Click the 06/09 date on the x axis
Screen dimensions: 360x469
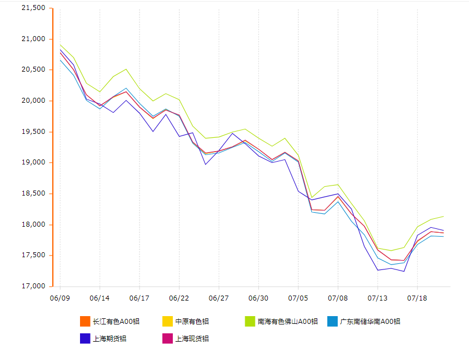click(60, 298)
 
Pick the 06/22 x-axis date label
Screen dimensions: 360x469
click(179, 298)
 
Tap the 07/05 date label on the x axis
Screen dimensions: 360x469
click(298, 298)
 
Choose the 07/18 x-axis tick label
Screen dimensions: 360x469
click(417, 298)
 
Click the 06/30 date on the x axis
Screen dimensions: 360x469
click(258, 298)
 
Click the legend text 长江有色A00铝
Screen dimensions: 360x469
click(116, 321)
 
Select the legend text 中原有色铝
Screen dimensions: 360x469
click(192, 321)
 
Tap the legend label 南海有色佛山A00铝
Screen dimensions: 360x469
click(287, 321)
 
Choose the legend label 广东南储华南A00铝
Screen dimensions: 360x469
click(370, 321)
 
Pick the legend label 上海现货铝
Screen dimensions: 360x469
click(192, 338)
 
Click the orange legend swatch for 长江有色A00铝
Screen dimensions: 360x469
click(85, 321)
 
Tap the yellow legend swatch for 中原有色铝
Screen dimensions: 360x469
click(167, 321)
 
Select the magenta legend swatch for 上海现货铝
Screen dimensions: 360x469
click(167, 338)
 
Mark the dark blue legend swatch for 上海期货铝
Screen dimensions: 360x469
click(85, 338)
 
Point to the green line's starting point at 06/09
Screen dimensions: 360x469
click(60, 44)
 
